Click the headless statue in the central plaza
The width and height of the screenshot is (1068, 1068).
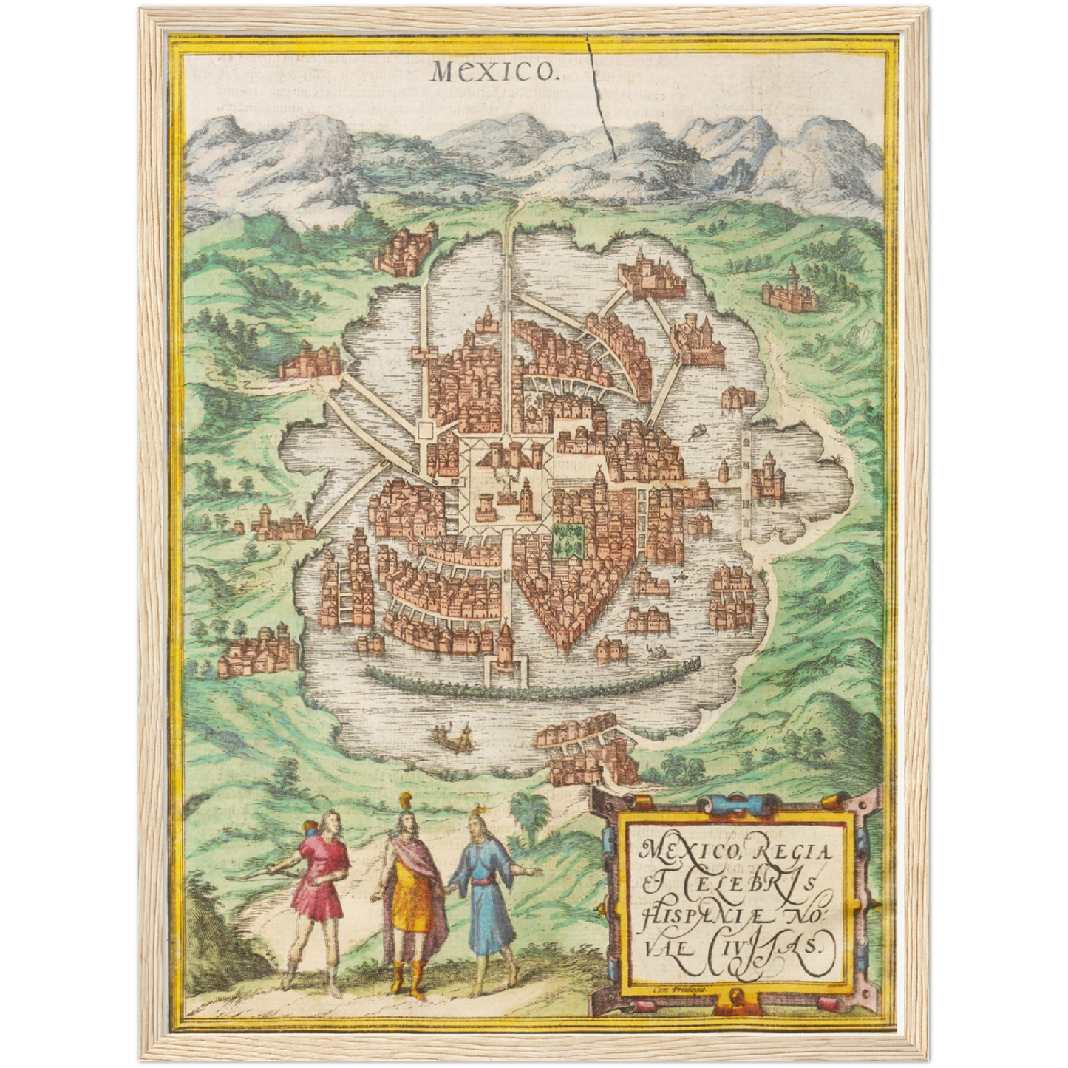(x=506, y=484)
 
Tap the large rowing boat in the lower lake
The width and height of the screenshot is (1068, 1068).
(x=452, y=735)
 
